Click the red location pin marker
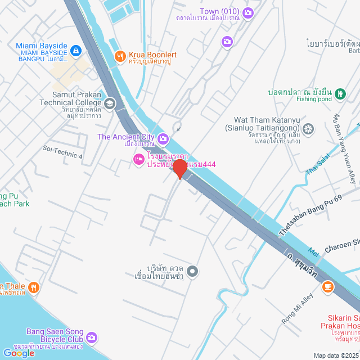click(x=179, y=168)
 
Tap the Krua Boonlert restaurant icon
click(x=119, y=55)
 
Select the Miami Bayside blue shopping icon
click(x=76, y=51)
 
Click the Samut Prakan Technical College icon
click(x=110, y=103)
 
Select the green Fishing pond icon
click(x=340, y=94)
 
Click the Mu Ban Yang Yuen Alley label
click(x=344, y=148)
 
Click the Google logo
click(x=19, y=353)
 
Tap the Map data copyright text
click(x=336, y=355)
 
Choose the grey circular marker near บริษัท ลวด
click(x=192, y=272)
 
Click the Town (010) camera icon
click(x=248, y=12)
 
